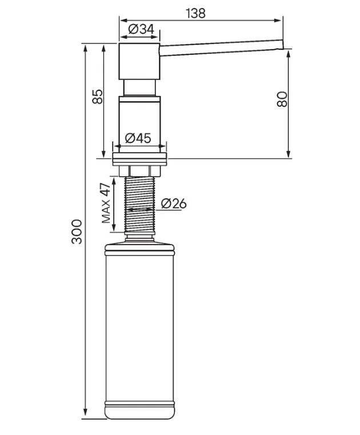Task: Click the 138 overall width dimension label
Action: [196, 13]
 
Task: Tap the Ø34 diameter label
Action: [141, 29]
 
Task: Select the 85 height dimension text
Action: [97, 97]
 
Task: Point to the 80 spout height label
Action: [282, 99]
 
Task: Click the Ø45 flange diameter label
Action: [138, 138]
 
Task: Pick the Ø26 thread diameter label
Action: [174, 203]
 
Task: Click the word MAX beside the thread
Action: [106, 211]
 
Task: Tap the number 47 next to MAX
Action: [105, 190]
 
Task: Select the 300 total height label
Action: [77, 232]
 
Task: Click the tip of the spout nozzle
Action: [283, 45]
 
